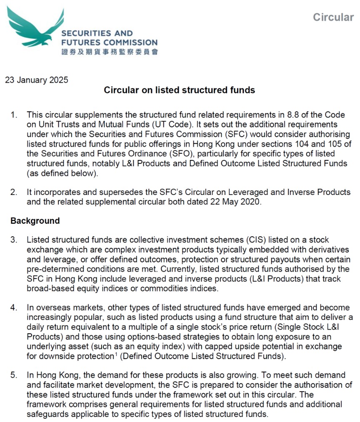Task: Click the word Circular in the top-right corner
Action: click(x=333, y=17)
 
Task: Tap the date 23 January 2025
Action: click(x=37, y=80)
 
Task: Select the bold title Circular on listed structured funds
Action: click(x=179, y=90)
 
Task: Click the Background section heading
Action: click(x=35, y=221)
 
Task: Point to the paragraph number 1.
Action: click(x=14, y=114)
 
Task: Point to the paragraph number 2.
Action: click(x=14, y=192)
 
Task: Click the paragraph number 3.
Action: click(x=14, y=240)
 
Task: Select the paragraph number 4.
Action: click(x=14, y=308)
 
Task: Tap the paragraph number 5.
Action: click(x=14, y=375)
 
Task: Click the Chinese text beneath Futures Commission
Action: click(x=109, y=52)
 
